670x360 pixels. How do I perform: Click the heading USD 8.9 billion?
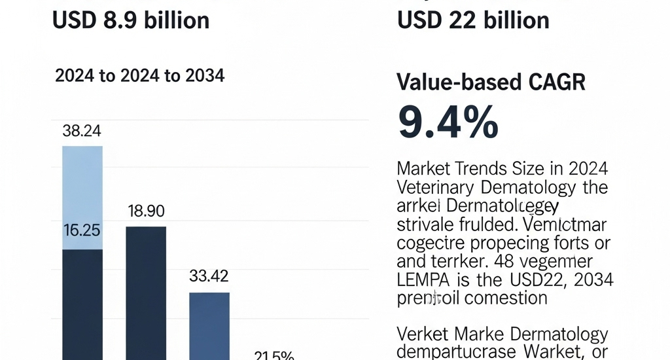click(x=130, y=20)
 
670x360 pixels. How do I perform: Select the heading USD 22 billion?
click(x=473, y=20)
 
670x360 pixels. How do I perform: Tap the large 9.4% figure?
click(x=448, y=122)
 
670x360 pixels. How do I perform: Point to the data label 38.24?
click(x=82, y=131)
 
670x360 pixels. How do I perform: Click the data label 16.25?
click(x=82, y=231)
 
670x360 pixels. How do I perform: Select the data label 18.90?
click(x=145, y=211)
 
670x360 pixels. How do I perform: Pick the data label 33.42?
click(x=209, y=276)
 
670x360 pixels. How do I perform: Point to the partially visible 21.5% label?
click(x=274, y=355)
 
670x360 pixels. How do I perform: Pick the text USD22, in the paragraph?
click(x=538, y=281)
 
